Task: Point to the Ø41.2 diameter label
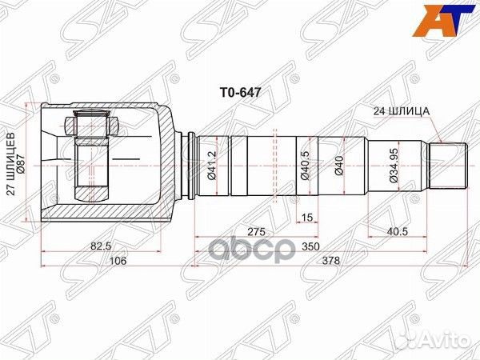pyautogui.click(x=211, y=166)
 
